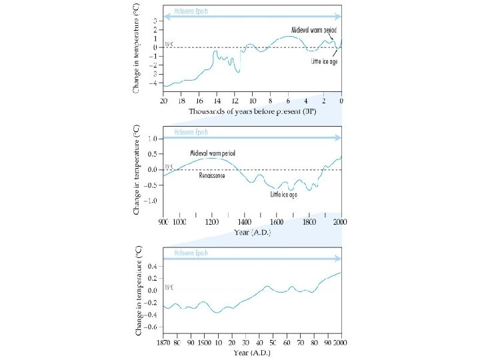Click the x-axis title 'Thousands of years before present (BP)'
(252, 111)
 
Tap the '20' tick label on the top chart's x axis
(164, 101)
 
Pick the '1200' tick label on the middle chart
(212, 222)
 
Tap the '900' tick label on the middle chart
(163, 222)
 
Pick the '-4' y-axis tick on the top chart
(153, 83)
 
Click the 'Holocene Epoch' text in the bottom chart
(192, 253)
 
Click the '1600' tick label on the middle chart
(277, 222)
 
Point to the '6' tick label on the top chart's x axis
(288, 101)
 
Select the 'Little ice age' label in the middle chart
(283, 195)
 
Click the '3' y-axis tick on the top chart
(155, 21)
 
